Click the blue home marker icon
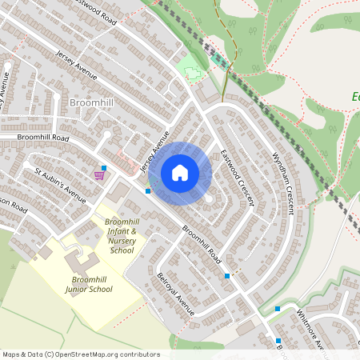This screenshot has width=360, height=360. [x=180, y=173]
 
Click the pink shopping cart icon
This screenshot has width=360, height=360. [x=99, y=175]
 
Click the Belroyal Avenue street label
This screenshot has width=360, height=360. [x=176, y=294]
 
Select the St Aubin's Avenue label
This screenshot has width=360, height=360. [x=59, y=185]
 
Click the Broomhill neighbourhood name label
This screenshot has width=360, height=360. [x=91, y=104]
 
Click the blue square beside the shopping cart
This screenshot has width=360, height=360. [x=104, y=167]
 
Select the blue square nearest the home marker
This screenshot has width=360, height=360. [x=148, y=191]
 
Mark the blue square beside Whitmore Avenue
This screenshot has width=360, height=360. [x=278, y=308]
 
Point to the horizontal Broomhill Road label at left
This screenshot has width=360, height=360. [x=34, y=138]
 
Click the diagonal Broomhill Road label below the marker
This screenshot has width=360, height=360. [x=201, y=244]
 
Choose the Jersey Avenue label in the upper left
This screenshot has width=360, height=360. [x=77, y=65]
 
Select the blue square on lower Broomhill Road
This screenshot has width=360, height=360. [x=227, y=275]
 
